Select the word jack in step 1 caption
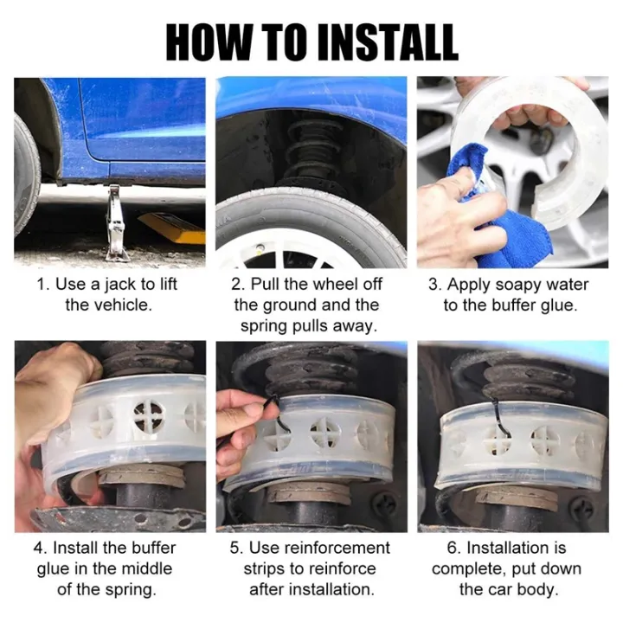121,285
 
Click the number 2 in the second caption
236,285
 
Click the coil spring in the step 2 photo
311,151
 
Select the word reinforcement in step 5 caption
338,548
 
